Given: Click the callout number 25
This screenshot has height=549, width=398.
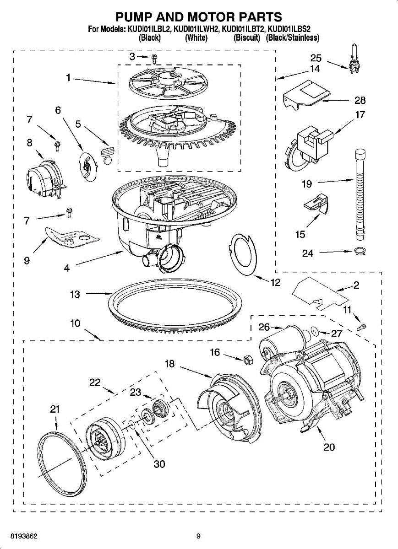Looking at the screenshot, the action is pos(316,59).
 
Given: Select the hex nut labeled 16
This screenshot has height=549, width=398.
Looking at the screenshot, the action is pos(248,360).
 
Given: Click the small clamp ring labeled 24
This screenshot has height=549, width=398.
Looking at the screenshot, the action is pos(360,252).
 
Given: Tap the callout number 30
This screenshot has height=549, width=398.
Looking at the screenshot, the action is pos(159,464).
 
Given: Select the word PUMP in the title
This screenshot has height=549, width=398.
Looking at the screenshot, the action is pos(134,17).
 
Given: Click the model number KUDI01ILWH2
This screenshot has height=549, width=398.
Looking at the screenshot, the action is pos(196,29).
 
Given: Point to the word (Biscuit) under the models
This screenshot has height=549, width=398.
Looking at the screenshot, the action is pos(246,38).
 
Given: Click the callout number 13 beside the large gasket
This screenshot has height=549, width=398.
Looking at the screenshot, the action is pos(75,294).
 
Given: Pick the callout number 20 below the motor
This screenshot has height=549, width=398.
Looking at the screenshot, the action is pos(329,447).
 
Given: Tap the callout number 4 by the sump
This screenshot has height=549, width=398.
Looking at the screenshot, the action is pos(67,268).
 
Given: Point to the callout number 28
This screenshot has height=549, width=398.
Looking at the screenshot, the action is pos(360,100).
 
